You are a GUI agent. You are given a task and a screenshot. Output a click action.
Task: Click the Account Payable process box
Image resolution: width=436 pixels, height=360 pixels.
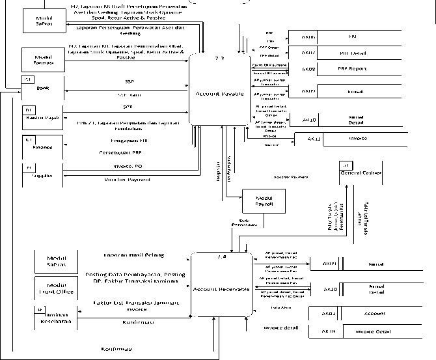tap(219, 90)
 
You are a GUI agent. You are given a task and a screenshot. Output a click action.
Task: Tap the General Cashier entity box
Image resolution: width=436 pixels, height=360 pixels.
tap(359, 171)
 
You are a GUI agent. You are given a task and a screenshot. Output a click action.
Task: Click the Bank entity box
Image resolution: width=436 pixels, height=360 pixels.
tap(42, 87)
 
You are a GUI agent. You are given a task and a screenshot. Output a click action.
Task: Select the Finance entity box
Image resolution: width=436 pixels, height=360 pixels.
tap(42, 147)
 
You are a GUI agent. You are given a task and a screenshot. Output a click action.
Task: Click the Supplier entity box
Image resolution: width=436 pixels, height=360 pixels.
tap(42, 175)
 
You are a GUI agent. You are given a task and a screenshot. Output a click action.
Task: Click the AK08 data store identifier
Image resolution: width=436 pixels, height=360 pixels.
tap(309, 68)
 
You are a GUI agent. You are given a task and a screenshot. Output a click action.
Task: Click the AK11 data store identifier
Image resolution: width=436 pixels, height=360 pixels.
tap(314, 139)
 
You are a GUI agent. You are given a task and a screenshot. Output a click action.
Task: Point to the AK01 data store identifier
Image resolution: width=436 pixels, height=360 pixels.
tap(328, 313)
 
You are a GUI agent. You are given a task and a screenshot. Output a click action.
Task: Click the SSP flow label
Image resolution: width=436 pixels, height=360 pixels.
tap(129, 81)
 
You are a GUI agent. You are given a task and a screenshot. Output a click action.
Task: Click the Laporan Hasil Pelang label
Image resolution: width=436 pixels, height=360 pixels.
tap(134, 255)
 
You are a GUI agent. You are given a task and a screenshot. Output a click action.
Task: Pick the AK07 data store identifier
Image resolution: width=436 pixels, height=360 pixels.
tap(309, 52)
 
